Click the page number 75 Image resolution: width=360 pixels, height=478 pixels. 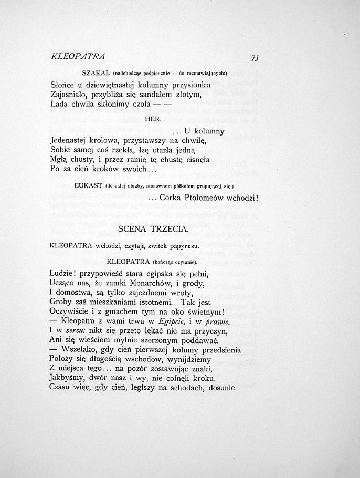255,58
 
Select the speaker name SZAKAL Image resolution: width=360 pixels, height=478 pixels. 96,74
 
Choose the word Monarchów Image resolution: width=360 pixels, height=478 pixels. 147,284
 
